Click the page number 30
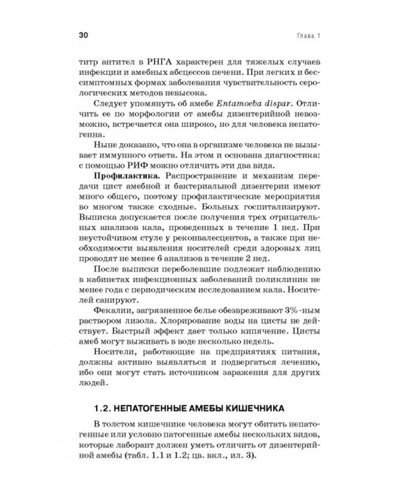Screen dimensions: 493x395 click(x=84, y=34)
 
